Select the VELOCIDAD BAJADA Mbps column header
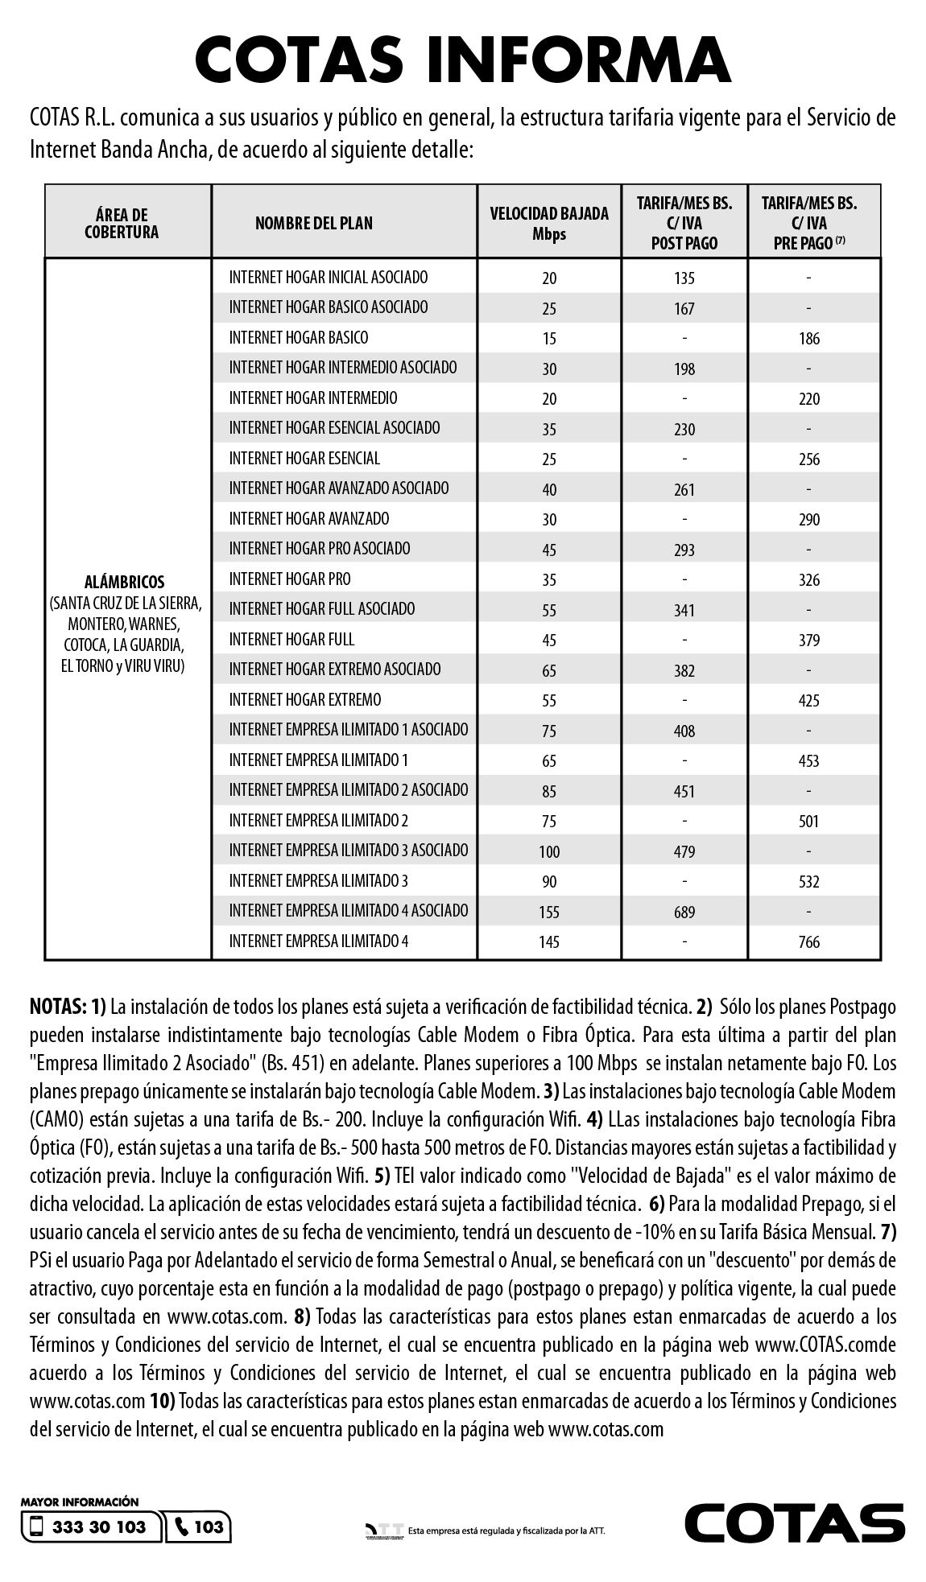click(x=549, y=223)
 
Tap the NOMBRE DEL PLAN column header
click(x=314, y=223)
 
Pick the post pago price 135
click(x=684, y=278)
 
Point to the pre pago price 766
click(x=809, y=941)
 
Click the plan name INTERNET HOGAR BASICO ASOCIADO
click(x=329, y=307)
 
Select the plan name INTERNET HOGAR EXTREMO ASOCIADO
click(x=335, y=669)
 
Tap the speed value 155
click(x=549, y=912)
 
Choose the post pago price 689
click(x=684, y=912)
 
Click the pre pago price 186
click(x=809, y=339)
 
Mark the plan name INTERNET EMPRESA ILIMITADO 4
click(x=319, y=941)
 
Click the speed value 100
click(x=549, y=851)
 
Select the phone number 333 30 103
click(x=99, y=1526)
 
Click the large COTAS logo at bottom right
click(x=794, y=1522)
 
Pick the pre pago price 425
click(x=809, y=700)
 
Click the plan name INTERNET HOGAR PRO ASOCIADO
click(x=320, y=549)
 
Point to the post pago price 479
click(x=684, y=851)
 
